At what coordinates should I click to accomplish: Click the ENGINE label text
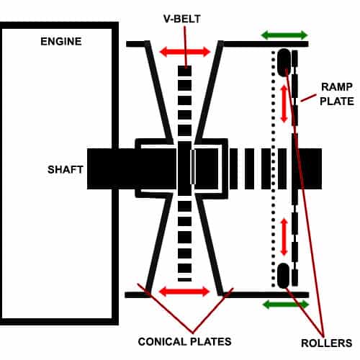pos(61,41)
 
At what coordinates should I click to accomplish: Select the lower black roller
pos(283,275)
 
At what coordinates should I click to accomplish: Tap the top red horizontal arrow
pos(184,51)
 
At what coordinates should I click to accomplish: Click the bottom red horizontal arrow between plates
pos(184,292)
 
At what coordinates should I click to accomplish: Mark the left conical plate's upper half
pos(160,94)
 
